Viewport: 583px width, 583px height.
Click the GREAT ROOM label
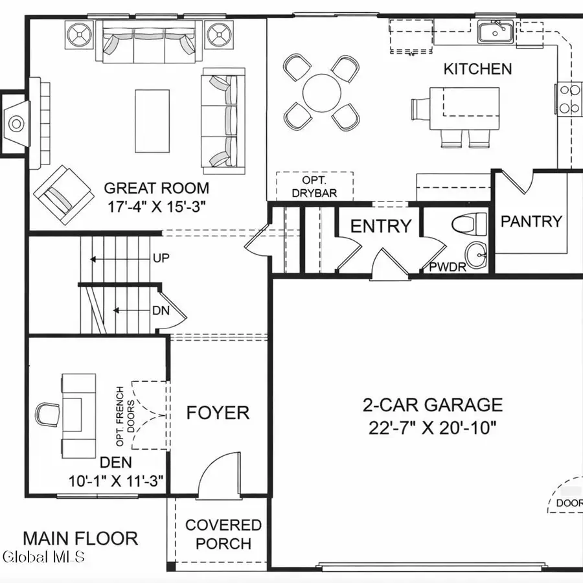(x=157, y=189)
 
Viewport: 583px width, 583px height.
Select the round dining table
(x=321, y=92)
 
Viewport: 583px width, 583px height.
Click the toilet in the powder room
(x=469, y=224)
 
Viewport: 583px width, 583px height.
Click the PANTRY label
(x=531, y=221)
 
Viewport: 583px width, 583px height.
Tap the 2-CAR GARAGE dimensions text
(x=432, y=428)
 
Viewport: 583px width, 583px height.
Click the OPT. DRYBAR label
(x=315, y=186)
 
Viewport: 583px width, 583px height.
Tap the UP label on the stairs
(x=161, y=258)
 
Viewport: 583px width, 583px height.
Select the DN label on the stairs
(x=161, y=310)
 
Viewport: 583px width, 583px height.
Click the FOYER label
(x=218, y=413)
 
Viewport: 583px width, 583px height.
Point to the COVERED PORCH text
(x=223, y=534)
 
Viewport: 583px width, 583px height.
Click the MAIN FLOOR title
(x=80, y=538)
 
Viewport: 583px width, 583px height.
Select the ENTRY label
(x=381, y=226)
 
